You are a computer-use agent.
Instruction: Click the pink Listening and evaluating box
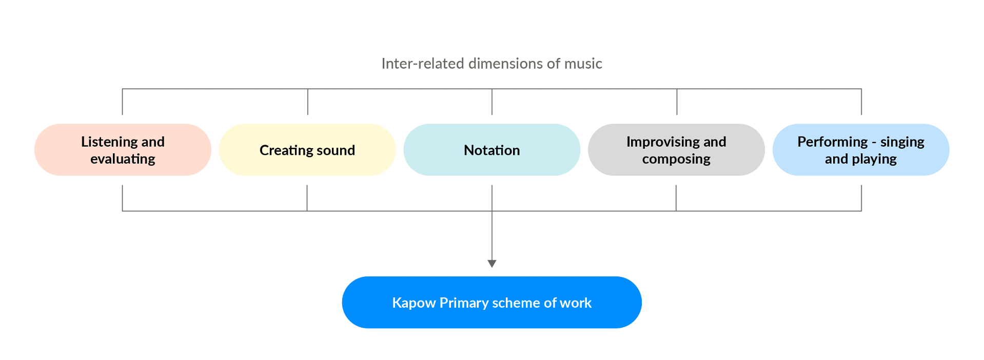click(123, 150)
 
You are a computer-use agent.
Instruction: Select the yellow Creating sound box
click(307, 150)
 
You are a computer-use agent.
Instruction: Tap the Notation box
click(491, 150)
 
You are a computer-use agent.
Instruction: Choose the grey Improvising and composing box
click(676, 150)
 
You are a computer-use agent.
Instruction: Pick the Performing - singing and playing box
click(861, 150)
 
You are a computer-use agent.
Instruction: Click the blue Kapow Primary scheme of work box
click(491, 303)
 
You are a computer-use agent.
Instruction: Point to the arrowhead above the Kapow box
click(491, 264)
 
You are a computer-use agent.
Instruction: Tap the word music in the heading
click(583, 64)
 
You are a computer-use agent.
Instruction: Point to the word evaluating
click(123, 159)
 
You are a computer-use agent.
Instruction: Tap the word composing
click(676, 159)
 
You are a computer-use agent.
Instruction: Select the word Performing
click(832, 142)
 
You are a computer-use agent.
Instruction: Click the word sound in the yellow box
click(336, 150)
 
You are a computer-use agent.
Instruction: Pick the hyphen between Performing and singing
click(874, 143)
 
